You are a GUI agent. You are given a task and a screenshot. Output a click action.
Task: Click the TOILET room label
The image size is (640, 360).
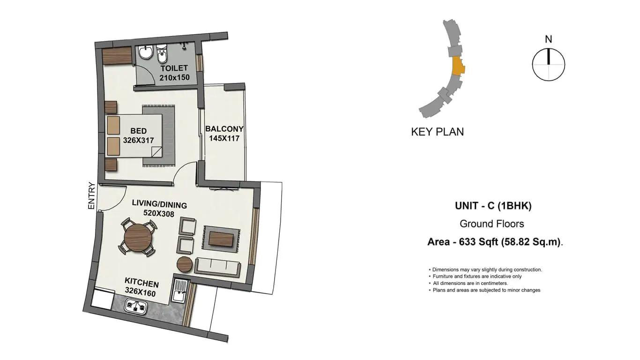[x=174, y=68]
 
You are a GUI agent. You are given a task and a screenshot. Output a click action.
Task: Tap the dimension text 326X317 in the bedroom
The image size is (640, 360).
[x=139, y=141]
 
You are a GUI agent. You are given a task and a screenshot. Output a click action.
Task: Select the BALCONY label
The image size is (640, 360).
[x=224, y=129]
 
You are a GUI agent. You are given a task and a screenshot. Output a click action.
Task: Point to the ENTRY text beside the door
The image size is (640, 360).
[x=91, y=195]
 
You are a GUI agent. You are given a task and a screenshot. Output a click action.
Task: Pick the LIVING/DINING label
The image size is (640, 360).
[x=159, y=204]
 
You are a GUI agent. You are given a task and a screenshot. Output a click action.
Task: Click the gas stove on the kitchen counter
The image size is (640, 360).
[x=136, y=306]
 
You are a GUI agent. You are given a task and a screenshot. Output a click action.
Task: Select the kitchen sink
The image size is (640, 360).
[x=179, y=290]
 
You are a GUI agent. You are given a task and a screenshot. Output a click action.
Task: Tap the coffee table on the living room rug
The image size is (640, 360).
[x=221, y=239]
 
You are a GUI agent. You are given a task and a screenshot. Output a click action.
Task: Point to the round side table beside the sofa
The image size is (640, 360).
[x=185, y=264]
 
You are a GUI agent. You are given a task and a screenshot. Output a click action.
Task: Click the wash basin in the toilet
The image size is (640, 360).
[x=146, y=52]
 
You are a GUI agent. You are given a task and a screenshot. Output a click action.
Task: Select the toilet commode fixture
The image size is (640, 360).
[x=162, y=53]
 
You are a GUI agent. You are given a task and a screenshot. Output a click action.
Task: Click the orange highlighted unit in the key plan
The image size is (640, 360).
[x=458, y=66]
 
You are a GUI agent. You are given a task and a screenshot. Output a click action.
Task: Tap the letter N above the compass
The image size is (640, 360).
[x=548, y=39]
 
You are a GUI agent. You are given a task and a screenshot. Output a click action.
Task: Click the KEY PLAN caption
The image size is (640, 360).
[x=438, y=132]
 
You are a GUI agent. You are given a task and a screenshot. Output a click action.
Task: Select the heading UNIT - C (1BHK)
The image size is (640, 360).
[x=493, y=206]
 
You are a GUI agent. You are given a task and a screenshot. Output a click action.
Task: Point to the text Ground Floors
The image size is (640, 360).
[x=492, y=224]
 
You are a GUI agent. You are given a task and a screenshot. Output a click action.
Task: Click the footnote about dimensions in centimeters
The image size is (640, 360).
[x=469, y=284]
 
